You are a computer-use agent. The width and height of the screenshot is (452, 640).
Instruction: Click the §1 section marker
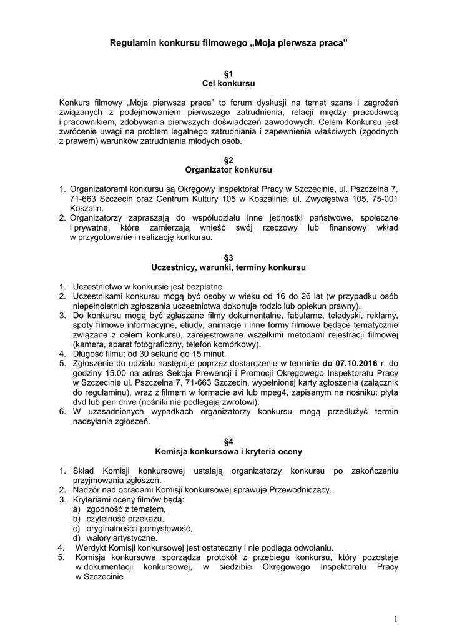click(x=228, y=72)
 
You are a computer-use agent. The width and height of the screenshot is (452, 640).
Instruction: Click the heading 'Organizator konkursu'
click(x=228, y=169)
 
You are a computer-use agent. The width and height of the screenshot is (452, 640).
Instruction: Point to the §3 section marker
click(x=228, y=257)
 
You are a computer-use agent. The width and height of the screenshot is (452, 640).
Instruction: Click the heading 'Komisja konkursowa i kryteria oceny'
click(x=228, y=451)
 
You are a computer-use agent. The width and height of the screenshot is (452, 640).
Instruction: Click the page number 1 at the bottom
click(x=396, y=619)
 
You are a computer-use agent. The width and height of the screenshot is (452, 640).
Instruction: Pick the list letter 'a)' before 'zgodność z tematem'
click(x=76, y=509)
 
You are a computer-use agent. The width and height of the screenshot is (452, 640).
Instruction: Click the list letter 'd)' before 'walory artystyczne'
click(x=76, y=537)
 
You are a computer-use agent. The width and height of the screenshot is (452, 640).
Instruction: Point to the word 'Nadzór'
click(x=86, y=489)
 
